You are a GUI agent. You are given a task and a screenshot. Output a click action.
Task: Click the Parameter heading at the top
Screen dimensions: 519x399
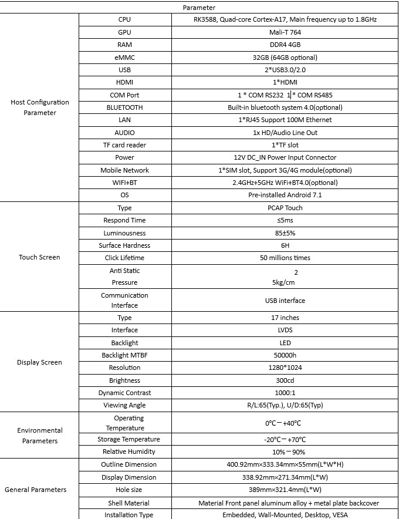(199, 8)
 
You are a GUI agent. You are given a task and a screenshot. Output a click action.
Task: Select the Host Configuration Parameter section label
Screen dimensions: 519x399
(40, 107)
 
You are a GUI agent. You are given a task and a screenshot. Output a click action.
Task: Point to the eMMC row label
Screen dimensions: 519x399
(124, 57)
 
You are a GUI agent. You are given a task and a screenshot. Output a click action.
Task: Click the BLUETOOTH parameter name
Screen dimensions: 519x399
(124, 107)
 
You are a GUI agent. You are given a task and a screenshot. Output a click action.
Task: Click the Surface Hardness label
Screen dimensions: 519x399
(124, 245)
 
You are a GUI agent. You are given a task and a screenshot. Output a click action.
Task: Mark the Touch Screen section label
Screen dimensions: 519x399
(40, 257)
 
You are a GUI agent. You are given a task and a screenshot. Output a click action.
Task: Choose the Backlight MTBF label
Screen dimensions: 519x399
(124, 355)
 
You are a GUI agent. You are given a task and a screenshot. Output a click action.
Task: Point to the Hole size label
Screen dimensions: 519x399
(124, 490)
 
